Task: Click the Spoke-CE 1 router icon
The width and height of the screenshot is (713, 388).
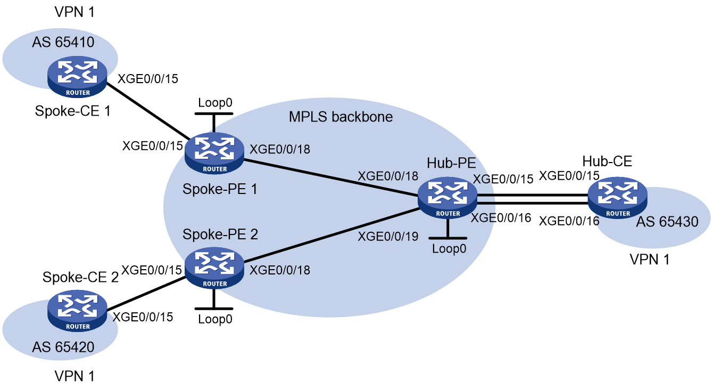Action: tap(77, 77)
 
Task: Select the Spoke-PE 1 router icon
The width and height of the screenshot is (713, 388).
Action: tap(214, 153)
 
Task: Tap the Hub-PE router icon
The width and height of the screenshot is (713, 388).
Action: tap(447, 198)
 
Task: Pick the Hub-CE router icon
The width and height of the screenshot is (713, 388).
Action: tap(617, 198)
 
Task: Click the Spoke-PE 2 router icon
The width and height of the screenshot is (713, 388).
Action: tap(214, 268)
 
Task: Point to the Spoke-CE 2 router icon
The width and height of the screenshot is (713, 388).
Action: tap(77, 311)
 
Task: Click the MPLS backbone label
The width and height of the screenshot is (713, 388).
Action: tap(341, 117)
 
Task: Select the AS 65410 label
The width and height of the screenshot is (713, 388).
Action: tap(63, 42)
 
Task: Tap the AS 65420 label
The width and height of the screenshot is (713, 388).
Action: tap(63, 347)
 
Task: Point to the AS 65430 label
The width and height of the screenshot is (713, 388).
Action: tap(667, 221)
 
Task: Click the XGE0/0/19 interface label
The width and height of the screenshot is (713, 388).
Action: tap(388, 236)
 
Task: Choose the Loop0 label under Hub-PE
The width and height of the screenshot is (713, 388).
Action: tap(449, 248)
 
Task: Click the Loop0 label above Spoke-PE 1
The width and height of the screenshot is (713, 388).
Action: tap(215, 103)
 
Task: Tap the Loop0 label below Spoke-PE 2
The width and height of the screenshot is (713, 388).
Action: tap(215, 319)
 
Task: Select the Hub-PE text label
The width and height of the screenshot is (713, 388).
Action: tap(451, 163)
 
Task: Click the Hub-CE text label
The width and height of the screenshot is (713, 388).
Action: tap(607, 161)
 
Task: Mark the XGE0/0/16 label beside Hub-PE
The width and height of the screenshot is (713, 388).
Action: tap(501, 218)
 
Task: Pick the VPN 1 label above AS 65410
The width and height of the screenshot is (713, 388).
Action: tap(74, 12)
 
